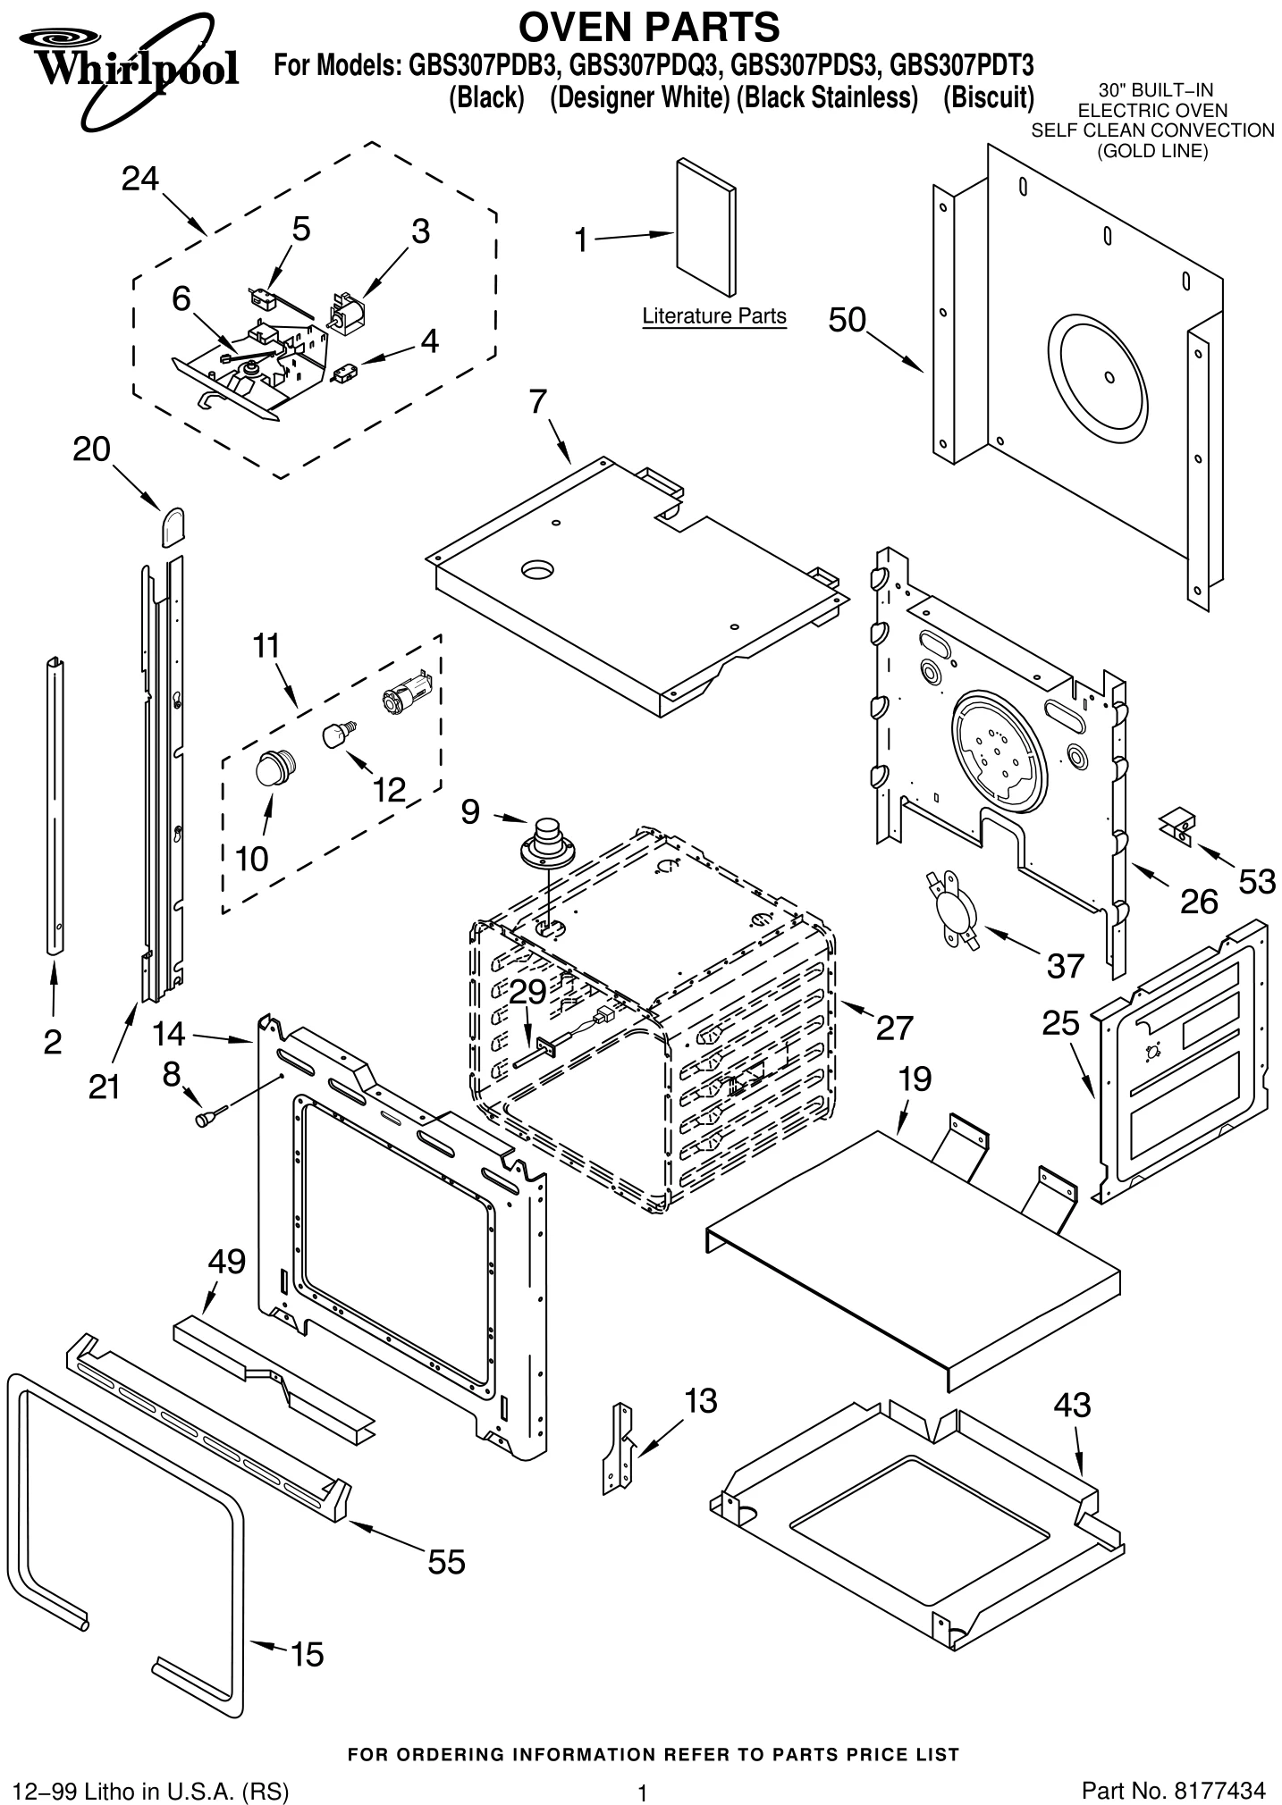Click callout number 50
point(847,319)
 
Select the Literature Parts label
point(713,316)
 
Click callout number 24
point(139,179)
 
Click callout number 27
point(893,1028)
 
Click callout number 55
point(446,1561)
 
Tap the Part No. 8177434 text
point(1172,1765)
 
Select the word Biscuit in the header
point(989,97)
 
